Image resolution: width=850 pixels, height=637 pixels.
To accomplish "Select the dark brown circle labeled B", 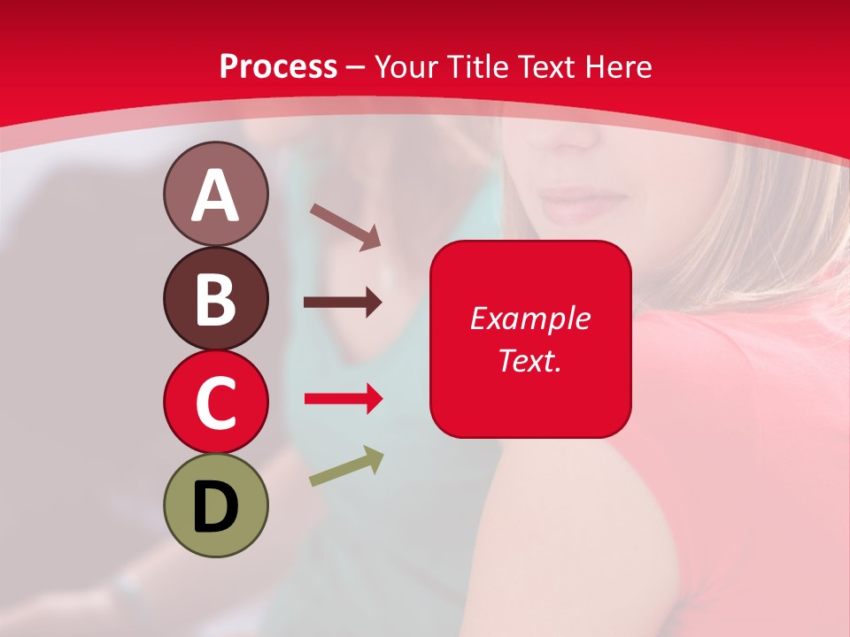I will click(215, 298).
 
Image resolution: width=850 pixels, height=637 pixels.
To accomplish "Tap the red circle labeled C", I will click(215, 402).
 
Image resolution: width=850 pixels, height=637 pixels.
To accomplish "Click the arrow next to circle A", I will click(345, 226).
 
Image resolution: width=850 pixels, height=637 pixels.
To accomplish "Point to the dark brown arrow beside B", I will click(343, 303).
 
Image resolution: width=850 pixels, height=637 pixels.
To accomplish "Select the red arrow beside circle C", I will click(344, 399).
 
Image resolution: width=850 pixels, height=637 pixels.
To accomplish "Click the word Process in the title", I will click(278, 66).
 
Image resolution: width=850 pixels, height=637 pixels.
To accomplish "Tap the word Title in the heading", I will click(479, 66).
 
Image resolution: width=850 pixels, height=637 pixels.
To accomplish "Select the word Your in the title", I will click(407, 66).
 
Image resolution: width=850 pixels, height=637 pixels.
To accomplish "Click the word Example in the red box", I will click(529, 318).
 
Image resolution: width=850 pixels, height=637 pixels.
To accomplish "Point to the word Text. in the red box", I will click(529, 360).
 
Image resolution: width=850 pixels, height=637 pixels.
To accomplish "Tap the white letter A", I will click(215, 196).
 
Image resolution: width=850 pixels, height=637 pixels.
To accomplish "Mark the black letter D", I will click(215, 506).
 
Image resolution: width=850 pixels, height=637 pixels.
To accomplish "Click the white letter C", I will click(215, 402).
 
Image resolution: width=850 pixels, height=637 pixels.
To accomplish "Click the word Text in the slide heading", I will click(546, 66).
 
